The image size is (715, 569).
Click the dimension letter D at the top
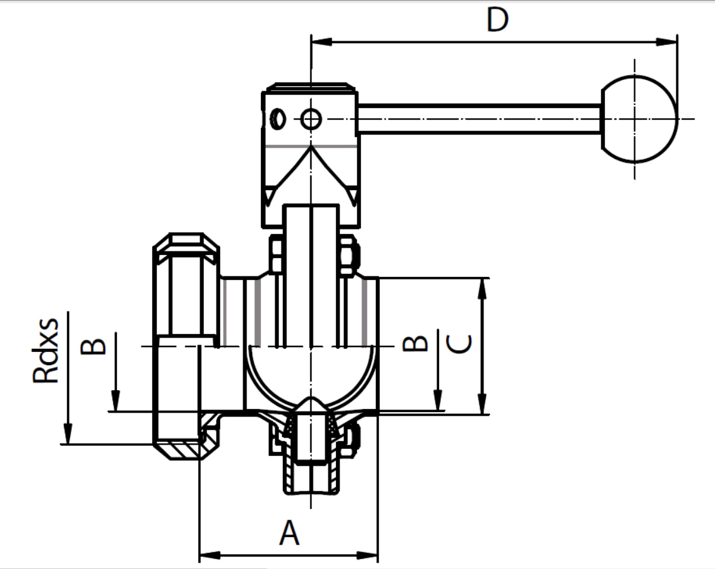(x=498, y=20)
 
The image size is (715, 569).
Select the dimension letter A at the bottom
(x=289, y=533)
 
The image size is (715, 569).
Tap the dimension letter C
(x=460, y=344)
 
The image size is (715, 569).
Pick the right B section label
(x=415, y=343)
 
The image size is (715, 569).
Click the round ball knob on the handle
(x=639, y=119)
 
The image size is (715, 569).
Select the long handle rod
(x=479, y=119)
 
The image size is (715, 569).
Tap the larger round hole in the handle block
(x=311, y=118)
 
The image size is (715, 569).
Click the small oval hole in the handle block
(x=279, y=118)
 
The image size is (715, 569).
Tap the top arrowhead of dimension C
(x=482, y=287)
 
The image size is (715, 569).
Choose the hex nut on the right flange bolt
(x=348, y=256)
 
